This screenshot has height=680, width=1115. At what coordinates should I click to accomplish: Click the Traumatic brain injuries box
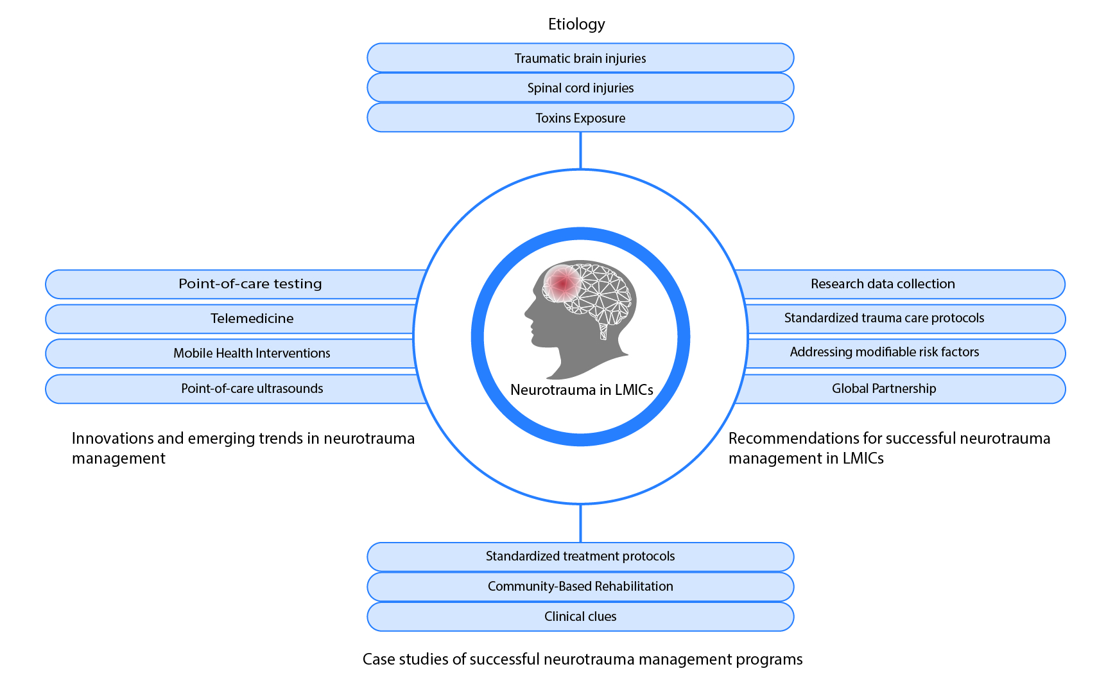click(x=580, y=58)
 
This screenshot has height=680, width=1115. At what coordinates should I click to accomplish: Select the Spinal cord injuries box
click(x=580, y=88)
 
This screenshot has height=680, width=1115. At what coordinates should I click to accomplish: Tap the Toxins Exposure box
click(x=580, y=118)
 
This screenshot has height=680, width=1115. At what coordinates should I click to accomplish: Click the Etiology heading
click(x=576, y=24)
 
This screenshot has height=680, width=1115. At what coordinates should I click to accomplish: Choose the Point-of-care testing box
click(x=250, y=284)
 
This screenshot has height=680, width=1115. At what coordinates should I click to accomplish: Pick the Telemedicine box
click(x=252, y=318)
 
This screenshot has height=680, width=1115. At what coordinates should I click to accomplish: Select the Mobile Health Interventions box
click(x=252, y=353)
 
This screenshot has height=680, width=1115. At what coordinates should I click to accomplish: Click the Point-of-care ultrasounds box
click(x=252, y=388)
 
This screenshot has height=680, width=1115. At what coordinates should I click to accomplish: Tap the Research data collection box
click(x=883, y=284)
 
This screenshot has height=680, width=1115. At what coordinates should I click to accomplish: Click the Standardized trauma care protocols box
click(x=884, y=318)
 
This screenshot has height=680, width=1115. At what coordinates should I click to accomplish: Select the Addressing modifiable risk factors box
click(x=884, y=353)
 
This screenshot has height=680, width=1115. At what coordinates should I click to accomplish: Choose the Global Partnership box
click(x=884, y=388)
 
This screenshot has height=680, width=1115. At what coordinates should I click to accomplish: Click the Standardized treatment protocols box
click(x=580, y=556)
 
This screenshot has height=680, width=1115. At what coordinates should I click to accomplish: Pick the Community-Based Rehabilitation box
click(x=580, y=586)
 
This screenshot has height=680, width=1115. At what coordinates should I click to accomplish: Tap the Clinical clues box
click(x=580, y=616)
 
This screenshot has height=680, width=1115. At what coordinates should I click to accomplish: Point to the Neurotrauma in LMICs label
click(x=582, y=390)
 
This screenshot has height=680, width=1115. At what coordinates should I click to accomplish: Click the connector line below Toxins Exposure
click(x=580, y=150)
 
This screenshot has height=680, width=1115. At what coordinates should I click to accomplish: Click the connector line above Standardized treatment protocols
click(x=580, y=523)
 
